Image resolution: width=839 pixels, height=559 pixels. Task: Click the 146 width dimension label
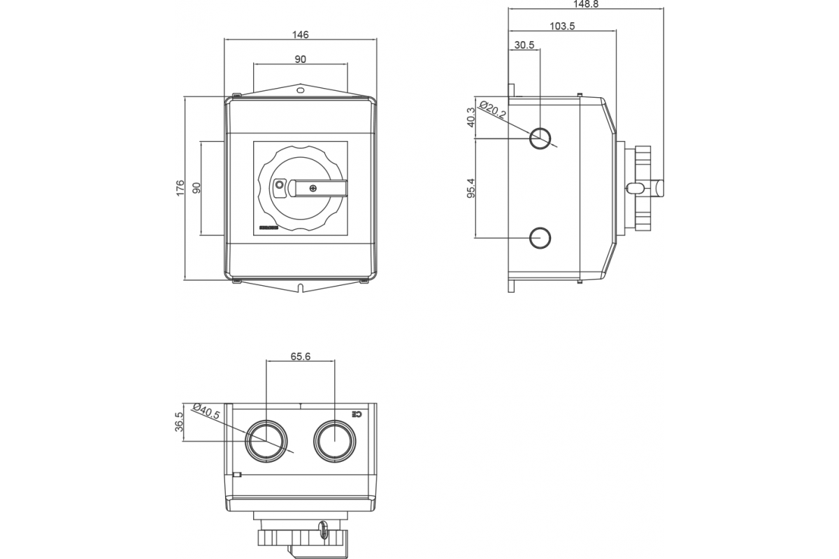pos(300,34)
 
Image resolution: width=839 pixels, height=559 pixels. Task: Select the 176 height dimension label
pos(180,188)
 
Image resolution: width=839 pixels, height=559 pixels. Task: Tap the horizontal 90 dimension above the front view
pos(300,59)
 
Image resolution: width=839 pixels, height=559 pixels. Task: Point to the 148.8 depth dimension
pos(585,3)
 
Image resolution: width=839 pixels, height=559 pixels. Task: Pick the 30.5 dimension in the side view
pos(524,45)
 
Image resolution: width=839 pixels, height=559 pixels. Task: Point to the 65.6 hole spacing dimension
pos(300,356)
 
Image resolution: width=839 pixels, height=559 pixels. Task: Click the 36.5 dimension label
pos(179,422)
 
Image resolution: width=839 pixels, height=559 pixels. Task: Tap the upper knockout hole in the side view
pos(540,138)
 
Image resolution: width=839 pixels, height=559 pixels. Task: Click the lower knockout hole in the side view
pos(540,238)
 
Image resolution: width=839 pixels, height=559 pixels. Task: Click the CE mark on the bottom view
pos(358,414)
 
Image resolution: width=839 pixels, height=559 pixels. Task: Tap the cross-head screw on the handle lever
pos(312,187)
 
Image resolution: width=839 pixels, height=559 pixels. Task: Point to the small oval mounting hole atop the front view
pos(300,90)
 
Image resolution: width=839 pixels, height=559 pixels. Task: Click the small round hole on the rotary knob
pos(280,185)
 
